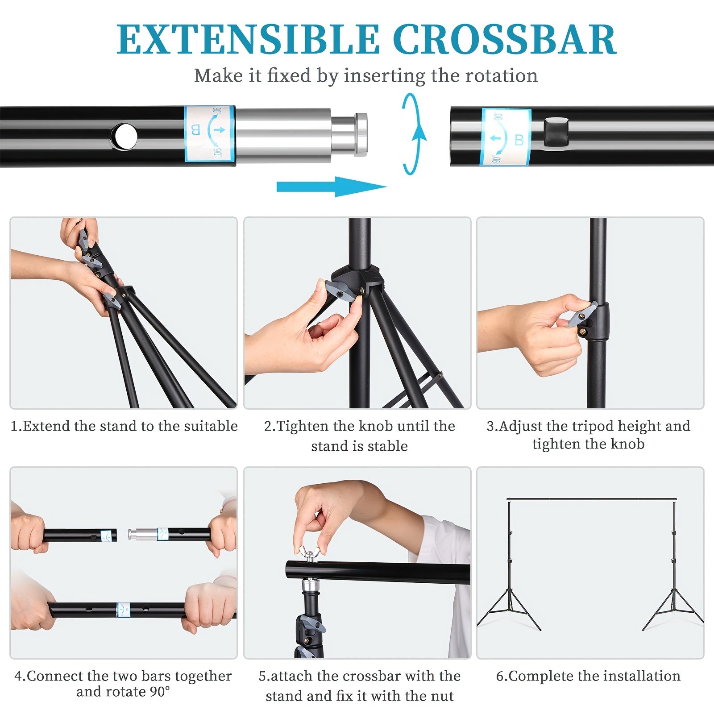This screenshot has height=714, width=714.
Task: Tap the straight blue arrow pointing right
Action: (332, 187)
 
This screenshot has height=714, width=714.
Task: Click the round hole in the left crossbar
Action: (125, 136)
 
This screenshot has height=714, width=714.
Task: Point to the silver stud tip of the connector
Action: (361, 134)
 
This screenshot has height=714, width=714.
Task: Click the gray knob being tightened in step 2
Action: (339, 291)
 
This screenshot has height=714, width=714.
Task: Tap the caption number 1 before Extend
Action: (14, 426)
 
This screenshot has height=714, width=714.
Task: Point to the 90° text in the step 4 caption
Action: (159, 691)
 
